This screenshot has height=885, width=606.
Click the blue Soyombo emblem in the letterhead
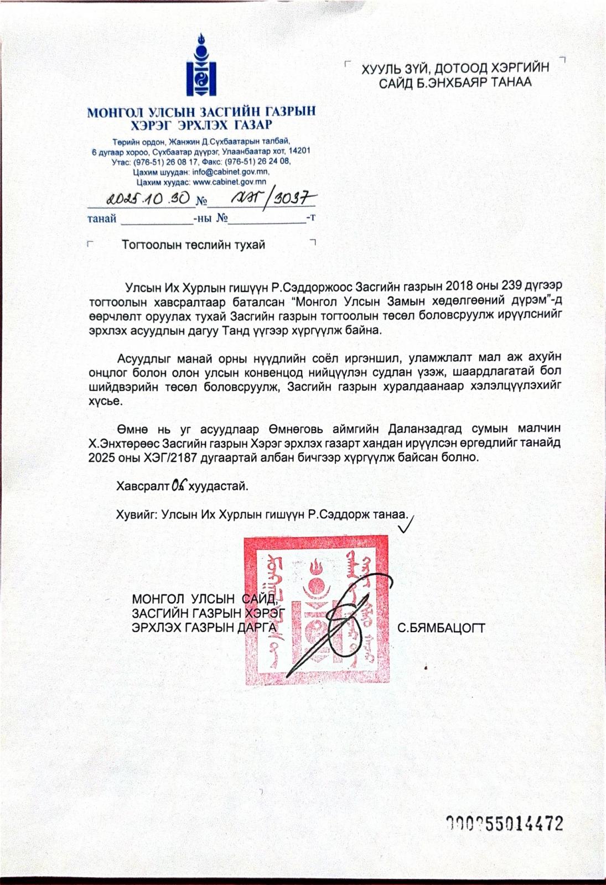coord(201,65)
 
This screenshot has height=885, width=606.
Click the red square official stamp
coord(317,610)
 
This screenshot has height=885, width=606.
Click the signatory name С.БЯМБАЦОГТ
coord(441,628)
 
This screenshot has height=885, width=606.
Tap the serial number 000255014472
coord(505,824)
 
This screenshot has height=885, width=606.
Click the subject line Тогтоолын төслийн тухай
coord(193,244)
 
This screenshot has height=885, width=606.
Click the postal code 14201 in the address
coord(299,150)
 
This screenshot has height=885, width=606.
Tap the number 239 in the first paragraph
coord(512,287)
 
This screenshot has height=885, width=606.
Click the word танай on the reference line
coord(102,218)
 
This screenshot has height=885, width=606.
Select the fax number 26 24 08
coord(272,161)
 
